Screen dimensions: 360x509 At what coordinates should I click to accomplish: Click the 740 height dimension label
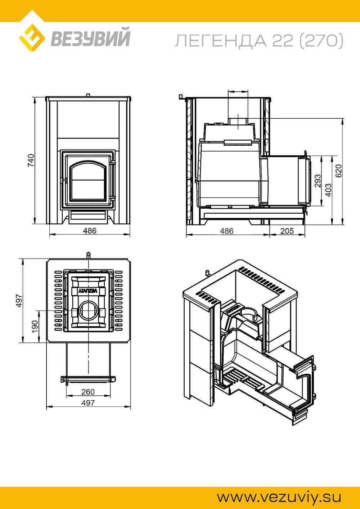pyautogui.click(x=31, y=160)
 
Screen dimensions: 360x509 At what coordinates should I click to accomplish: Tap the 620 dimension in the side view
pyautogui.click(x=339, y=171)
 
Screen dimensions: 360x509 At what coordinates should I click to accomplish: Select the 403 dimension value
pyautogui.click(x=328, y=190)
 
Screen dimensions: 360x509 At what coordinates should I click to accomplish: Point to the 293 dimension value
pyautogui.click(x=318, y=181)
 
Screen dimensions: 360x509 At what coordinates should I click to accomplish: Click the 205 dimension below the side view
pyautogui.click(x=287, y=231)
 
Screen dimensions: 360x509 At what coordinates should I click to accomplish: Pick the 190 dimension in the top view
pyautogui.click(x=35, y=326)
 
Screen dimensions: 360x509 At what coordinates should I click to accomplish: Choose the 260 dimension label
pyautogui.click(x=88, y=392)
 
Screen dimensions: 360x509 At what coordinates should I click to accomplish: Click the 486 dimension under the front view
pyautogui.click(x=90, y=231)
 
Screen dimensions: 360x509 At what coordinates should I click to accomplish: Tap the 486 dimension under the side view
pyautogui.click(x=227, y=231)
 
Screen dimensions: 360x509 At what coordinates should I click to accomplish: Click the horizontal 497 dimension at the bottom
pyautogui.click(x=88, y=403)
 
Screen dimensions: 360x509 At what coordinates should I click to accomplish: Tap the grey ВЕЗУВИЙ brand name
pyautogui.click(x=90, y=37)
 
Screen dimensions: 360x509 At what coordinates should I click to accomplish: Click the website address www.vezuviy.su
pyautogui.click(x=279, y=497)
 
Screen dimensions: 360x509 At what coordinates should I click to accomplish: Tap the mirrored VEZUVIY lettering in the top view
pyautogui.click(x=88, y=291)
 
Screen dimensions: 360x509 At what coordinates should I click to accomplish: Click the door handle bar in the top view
pyautogui.click(x=88, y=378)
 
